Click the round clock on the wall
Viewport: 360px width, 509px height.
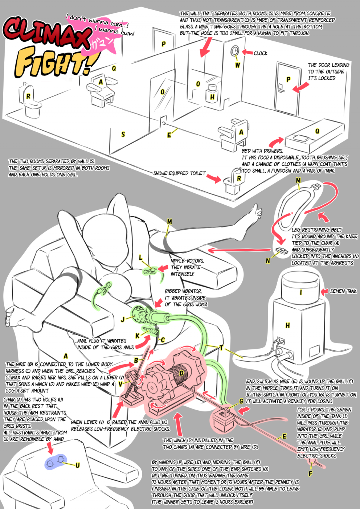235,51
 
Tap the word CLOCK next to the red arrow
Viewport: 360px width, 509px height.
261,53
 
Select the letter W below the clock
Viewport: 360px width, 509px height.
237,65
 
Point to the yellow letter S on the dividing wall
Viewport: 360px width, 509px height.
123,134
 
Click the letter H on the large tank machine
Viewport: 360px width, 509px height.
287,325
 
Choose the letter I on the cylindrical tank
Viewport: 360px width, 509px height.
301,292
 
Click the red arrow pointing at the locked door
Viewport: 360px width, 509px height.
300,87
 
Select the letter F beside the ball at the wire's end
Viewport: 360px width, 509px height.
310,473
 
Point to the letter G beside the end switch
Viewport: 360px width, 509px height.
241,401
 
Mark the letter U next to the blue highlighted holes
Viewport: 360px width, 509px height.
77,465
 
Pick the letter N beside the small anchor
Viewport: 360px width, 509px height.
268,260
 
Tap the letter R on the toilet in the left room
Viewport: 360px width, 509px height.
28,97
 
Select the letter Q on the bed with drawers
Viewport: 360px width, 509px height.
317,131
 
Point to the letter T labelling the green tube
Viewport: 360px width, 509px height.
221,348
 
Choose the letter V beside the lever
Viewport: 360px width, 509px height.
120,384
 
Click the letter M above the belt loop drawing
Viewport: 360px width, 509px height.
298,180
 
